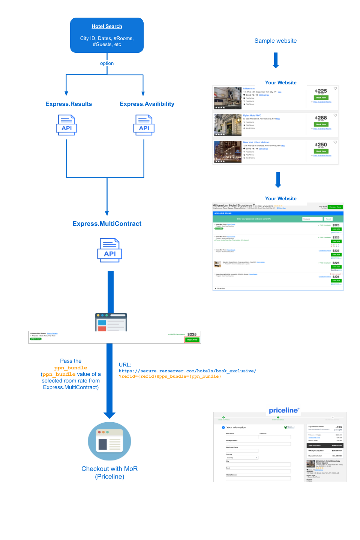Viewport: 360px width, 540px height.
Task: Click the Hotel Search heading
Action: click(x=107, y=26)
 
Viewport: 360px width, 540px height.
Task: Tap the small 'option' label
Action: click(x=107, y=63)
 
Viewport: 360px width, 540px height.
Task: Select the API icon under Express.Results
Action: click(x=66, y=125)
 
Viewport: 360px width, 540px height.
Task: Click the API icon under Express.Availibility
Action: click(x=144, y=125)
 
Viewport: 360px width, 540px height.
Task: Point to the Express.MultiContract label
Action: click(x=107, y=224)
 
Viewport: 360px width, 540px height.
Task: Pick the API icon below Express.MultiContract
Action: click(x=109, y=250)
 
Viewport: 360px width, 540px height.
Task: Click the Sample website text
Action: click(x=276, y=41)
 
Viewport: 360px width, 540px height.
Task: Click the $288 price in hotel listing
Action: click(x=321, y=118)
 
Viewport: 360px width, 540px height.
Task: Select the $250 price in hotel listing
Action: click(x=321, y=145)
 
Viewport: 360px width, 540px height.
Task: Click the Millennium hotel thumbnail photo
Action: click(x=228, y=98)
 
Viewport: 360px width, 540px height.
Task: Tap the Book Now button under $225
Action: click(x=321, y=97)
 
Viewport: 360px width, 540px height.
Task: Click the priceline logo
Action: click(x=284, y=410)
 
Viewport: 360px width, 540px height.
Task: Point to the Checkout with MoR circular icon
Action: click(x=109, y=441)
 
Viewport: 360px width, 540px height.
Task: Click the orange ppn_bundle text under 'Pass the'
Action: click(x=70, y=368)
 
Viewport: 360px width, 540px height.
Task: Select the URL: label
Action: click(x=125, y=364)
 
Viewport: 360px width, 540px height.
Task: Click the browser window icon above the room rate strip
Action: click(x=111, y=322)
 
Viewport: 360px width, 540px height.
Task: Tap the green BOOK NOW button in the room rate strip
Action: click(x=192, y=340)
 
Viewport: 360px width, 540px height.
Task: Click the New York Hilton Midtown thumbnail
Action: click(x=228, y=152)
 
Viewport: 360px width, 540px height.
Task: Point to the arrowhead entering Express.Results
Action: click(x=66, y=93)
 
